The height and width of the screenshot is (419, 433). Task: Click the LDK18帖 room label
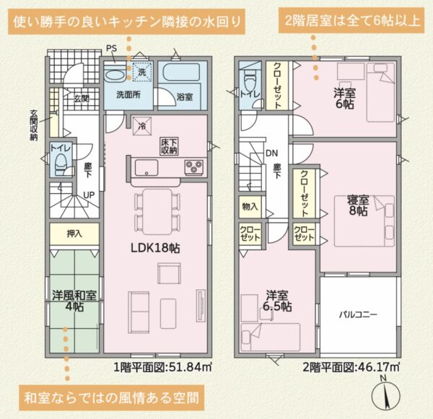(x=155, y=248)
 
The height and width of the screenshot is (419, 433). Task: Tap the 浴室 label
(x=185, y=97)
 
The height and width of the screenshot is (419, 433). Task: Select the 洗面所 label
(x=128, y=95)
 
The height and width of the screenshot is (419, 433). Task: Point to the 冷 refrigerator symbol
(x=142, y=126)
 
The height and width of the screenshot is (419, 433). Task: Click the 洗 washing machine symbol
(x=142, y=72)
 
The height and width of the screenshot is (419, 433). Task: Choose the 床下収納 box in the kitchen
(x=170, y=146)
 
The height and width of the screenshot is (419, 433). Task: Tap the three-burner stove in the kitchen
(x=194, y=167)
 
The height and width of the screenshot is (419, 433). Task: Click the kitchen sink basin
(x=146, y=168)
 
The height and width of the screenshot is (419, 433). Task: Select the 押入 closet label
(x=74, y=234)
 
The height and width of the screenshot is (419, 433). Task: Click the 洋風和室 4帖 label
(x=74, y=301)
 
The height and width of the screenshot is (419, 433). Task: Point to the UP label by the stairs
(x=89, y=195)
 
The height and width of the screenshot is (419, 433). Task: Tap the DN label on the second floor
(x=272, y=153)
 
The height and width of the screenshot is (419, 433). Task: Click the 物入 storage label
(x=250, y=206)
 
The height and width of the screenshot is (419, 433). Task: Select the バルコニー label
(x=358, y=314)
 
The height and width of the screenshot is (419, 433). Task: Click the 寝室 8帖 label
(x=358, y=206)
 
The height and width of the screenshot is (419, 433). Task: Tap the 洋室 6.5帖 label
(x=277, y=301)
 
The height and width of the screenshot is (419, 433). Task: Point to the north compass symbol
(x=386, y=395)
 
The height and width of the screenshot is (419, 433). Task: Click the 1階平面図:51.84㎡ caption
(x=163, y=367)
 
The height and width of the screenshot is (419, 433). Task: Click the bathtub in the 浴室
(x=181, y=72)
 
